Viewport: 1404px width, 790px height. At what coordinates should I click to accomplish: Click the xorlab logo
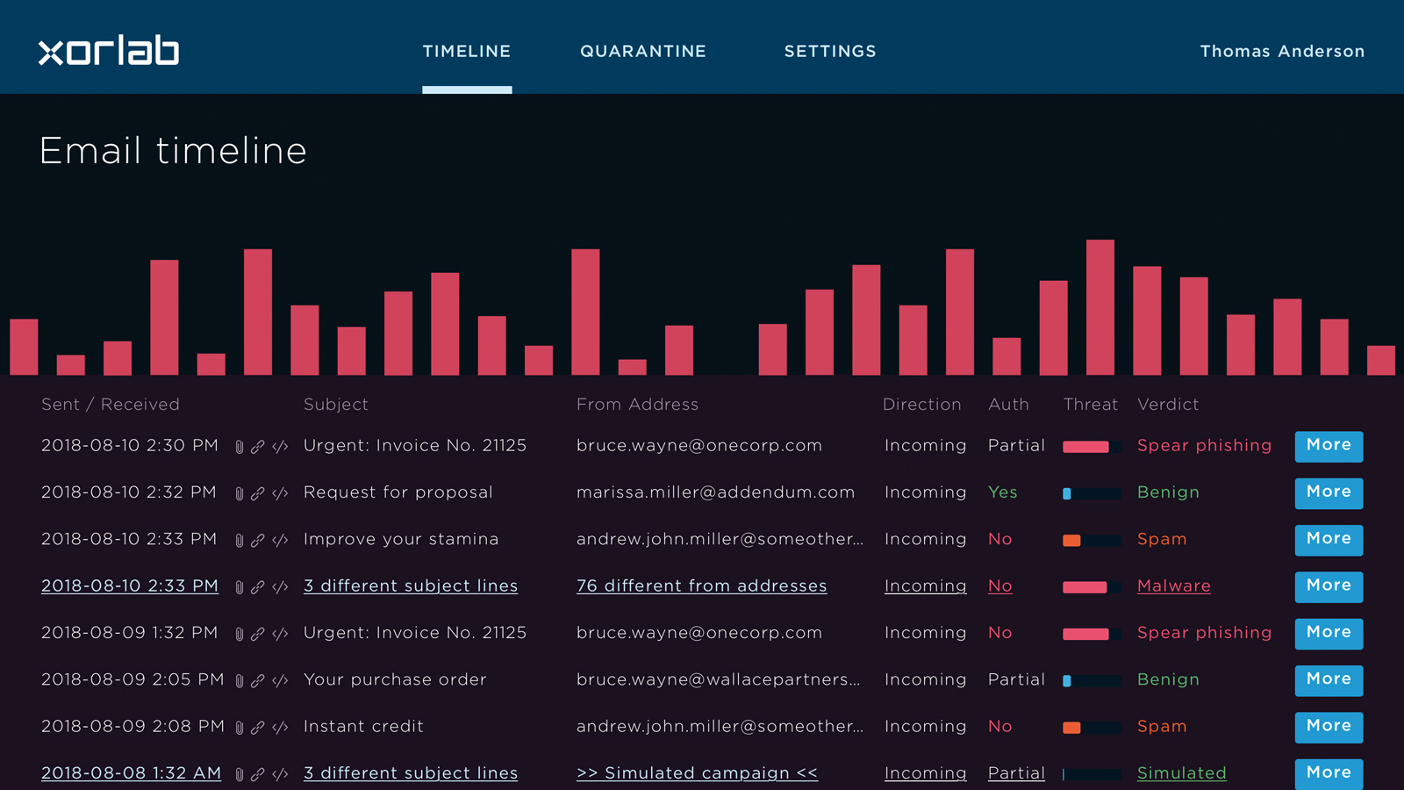[x=109, y=50]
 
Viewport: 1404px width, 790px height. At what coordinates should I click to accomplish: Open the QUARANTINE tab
[x=643, y=52]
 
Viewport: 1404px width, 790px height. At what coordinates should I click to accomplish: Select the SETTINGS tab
[x=830, y=52]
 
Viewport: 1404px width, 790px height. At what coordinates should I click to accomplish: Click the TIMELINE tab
[x=467, y=52]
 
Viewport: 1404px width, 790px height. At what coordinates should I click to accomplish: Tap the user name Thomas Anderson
[x=1282, y=52]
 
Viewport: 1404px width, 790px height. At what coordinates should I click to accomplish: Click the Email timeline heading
[x=173, y=151]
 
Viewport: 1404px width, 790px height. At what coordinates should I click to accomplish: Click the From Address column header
[x=637, y=405]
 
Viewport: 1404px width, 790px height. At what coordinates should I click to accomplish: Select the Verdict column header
[x=1168, y=405]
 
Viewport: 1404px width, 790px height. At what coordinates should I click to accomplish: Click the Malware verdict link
[x=1174, y=586]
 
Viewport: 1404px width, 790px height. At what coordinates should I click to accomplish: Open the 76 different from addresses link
[x=701, y=586]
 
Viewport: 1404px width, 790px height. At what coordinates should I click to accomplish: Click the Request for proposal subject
[x=398, y=492]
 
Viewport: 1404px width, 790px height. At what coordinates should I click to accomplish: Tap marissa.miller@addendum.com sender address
[x=715, y=492]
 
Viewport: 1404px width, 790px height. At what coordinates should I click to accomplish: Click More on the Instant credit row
[x=1329, y=728]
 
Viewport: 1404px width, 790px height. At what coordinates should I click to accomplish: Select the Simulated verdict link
[x=1181, y=773]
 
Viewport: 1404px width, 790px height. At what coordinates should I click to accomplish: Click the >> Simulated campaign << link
[x=697, y=773]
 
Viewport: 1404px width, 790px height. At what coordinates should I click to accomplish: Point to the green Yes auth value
[x=1002, y=492]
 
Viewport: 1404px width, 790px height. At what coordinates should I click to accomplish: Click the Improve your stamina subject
[x=401, y=539]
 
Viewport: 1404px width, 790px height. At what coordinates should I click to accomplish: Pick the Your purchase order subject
[x=395, y=679]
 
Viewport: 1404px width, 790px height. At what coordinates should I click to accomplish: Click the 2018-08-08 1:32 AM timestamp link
[x=131, y=773]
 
